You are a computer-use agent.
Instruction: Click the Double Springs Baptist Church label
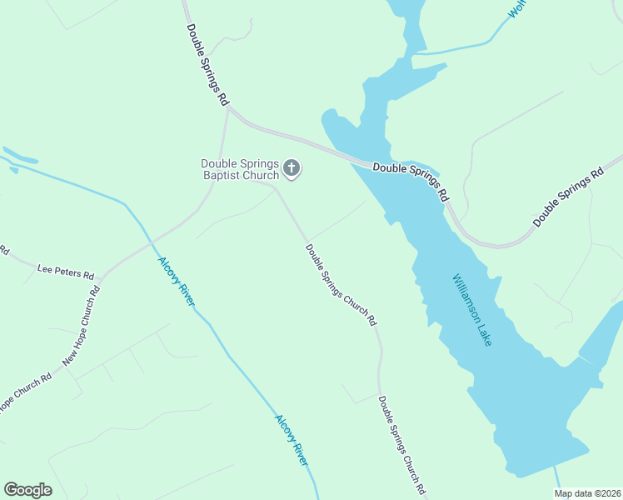pos(239,169)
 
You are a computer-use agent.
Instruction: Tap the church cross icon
pos(292,169)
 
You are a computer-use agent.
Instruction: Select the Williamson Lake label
pos(472,310)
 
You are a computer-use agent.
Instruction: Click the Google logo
pos(27,490)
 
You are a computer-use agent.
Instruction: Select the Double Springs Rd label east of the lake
pos(568,197)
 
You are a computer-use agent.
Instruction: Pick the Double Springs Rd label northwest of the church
pos(207,62)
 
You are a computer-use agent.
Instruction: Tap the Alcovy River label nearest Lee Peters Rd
pos(176,282)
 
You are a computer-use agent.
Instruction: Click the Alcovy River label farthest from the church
pos(292,439)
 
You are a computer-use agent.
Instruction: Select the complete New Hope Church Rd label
pos(82,327)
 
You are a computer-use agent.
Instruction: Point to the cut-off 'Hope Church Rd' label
pos(25,391)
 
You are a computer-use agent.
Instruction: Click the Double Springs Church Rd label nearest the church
pos(341,284)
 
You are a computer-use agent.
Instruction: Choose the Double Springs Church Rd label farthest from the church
pos(402,445)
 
